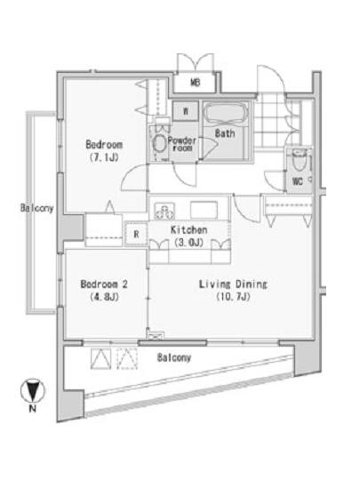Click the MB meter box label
pyautogui.click(x=196, y=83)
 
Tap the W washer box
pyautogui.click(x=186, y=111)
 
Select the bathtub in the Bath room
pyautogui.click(x=227, y=114)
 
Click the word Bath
pyautogui.click(x=225, y=133)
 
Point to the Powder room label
pyautogui.click(x=182, y=144)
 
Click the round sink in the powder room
pyautogui.click(x=160, y=144)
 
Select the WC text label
pyautogui.click(x=298, y=181)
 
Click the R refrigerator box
pyautogui.click(x=136, y=234)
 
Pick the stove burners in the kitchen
pyautogui.click(x=164, y=211)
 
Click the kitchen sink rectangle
pyautogui.click(x=204, y=210)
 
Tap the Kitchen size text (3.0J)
pyautogui.click(x=188, y=243)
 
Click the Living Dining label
pyautogui.click(x=233, y=285)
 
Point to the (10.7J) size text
pyautogui.click(x=234, y=296)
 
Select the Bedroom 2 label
pyautogui.click(x=104, y=284)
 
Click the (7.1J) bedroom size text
pyautogui.click(x=104, y=157)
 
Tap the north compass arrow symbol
pyautogui.click(x=32, y=390)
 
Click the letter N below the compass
pyautogui.click(x=32, y=408)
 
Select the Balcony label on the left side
pyautogui.click(x=36, y=208)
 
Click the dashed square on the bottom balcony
pyautogui.click(x=127, y=358)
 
